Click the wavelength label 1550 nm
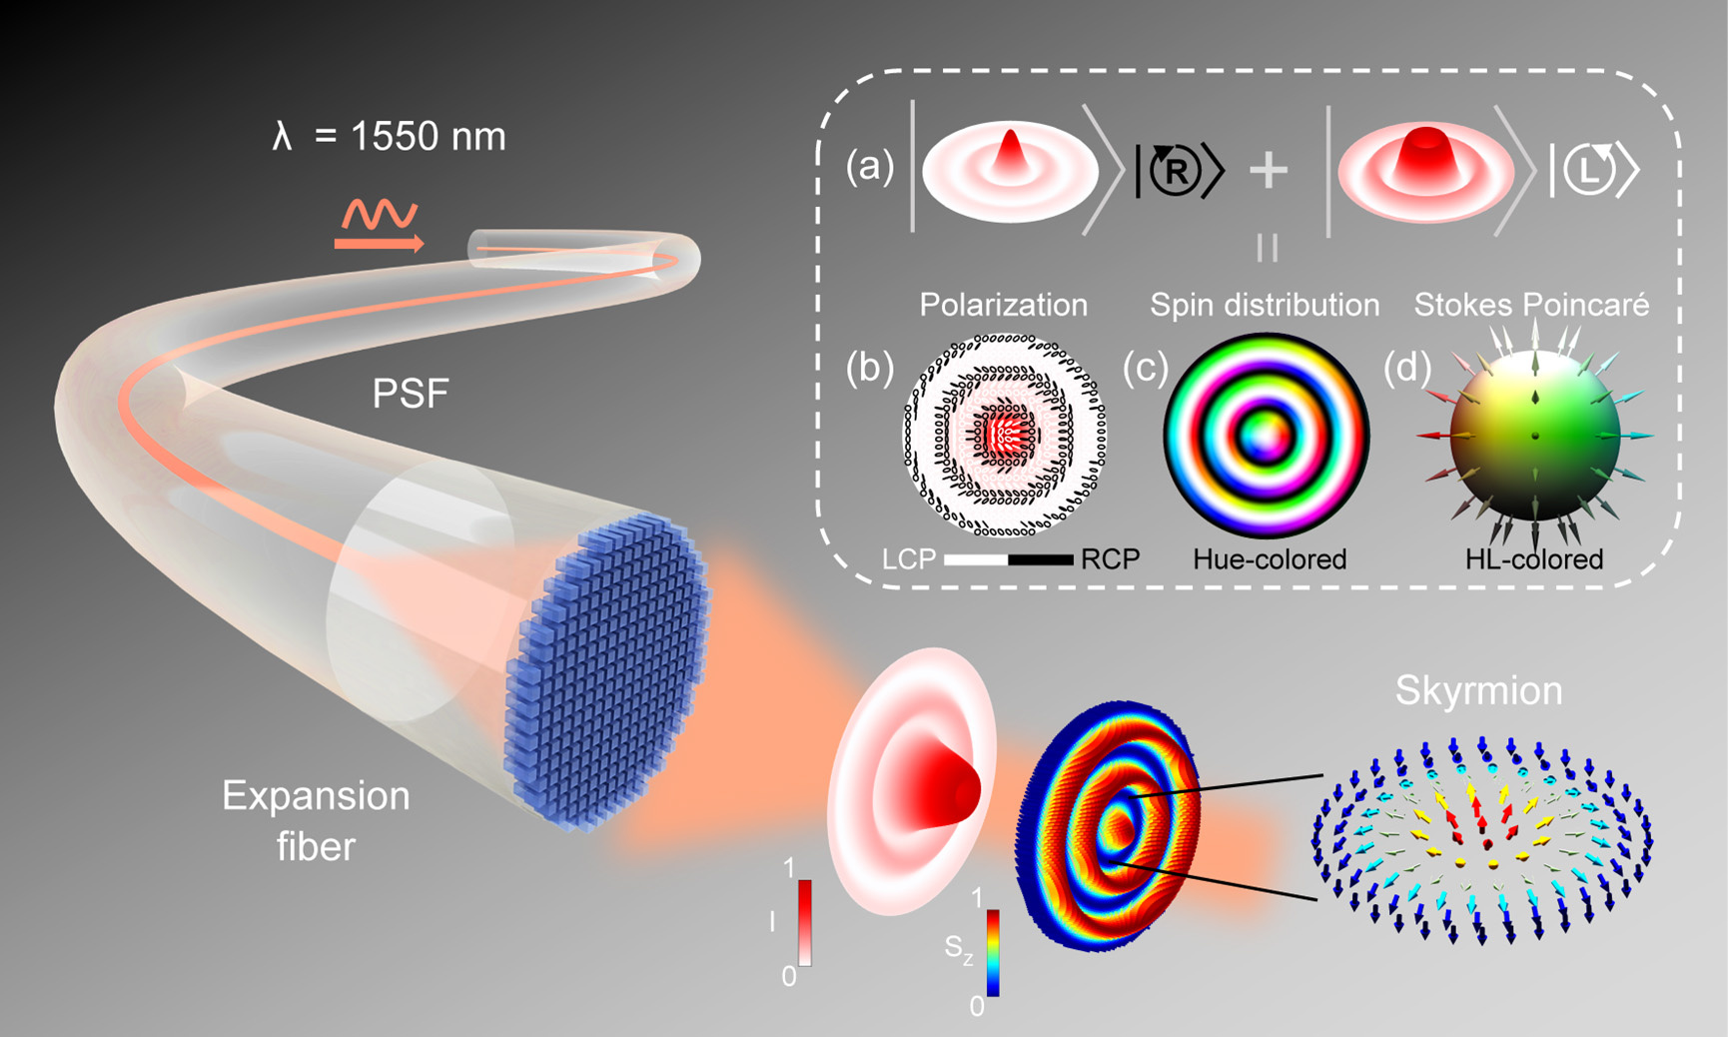[x=390, y=136]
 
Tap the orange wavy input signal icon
[x=380, y=225]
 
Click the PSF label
[x=411, y=394]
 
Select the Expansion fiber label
[x=316, y=820]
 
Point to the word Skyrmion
[x=1478, y=690]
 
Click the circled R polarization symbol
[x=1177, y=171]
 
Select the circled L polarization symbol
[x=1590, y=171]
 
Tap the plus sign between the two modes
[x=1269, y=171]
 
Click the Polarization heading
[x=1003, y=305]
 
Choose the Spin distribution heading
[x=1265, y=305]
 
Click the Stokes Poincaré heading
[x=1531, y=305]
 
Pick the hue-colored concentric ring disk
[x=1266, y=436]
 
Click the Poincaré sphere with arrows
[x=1534, y=437]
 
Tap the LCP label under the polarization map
[x=908, y=559]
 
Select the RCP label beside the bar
[x=1110, y=559]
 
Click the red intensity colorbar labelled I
[x=804, y=923]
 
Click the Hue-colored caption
[x=1269, y=559]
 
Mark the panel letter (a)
[x=870, y=167]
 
